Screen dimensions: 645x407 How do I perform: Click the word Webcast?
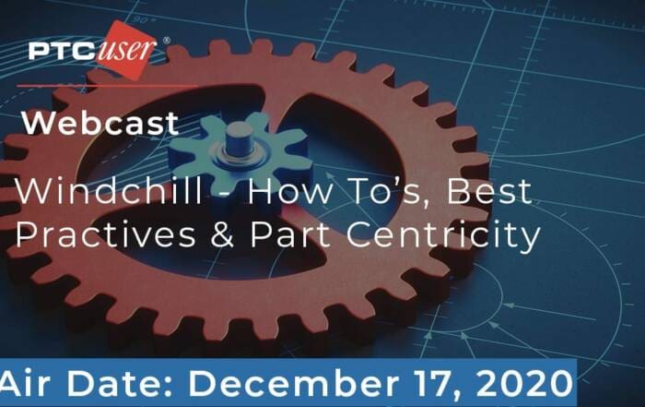tap(100, 123)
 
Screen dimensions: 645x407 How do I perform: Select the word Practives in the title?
tap(105, 234)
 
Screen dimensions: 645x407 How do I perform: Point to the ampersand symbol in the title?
tap(223, 234)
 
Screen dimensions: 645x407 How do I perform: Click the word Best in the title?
tap(489, 191)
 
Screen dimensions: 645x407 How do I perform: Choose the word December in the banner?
tap(293, 384)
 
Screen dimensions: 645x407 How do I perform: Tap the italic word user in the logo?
tap(126, 50)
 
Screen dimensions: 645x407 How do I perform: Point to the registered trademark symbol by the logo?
tap(166, 41)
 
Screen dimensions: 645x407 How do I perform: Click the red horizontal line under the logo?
tap(107, 86)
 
